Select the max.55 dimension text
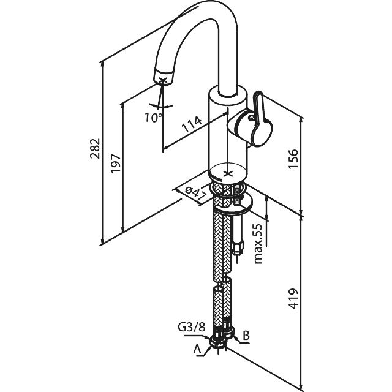point(258,243)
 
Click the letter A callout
point(198,350)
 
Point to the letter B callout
point(246,336)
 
